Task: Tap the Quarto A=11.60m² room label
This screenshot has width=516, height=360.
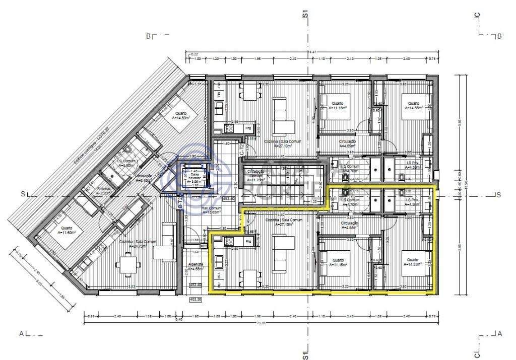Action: point(67,231)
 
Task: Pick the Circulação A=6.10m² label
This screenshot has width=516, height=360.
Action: point(144,178)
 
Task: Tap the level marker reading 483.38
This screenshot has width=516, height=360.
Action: point(195,299)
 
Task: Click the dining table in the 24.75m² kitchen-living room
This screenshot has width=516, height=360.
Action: point(127,263)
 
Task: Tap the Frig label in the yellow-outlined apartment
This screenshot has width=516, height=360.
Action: point(248,242)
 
